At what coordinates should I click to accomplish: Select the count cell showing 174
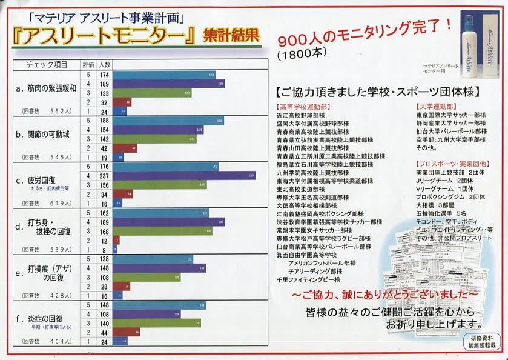pos(104,75)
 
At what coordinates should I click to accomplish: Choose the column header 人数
pos(104,64)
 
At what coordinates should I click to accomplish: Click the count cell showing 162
pos(104,213)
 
